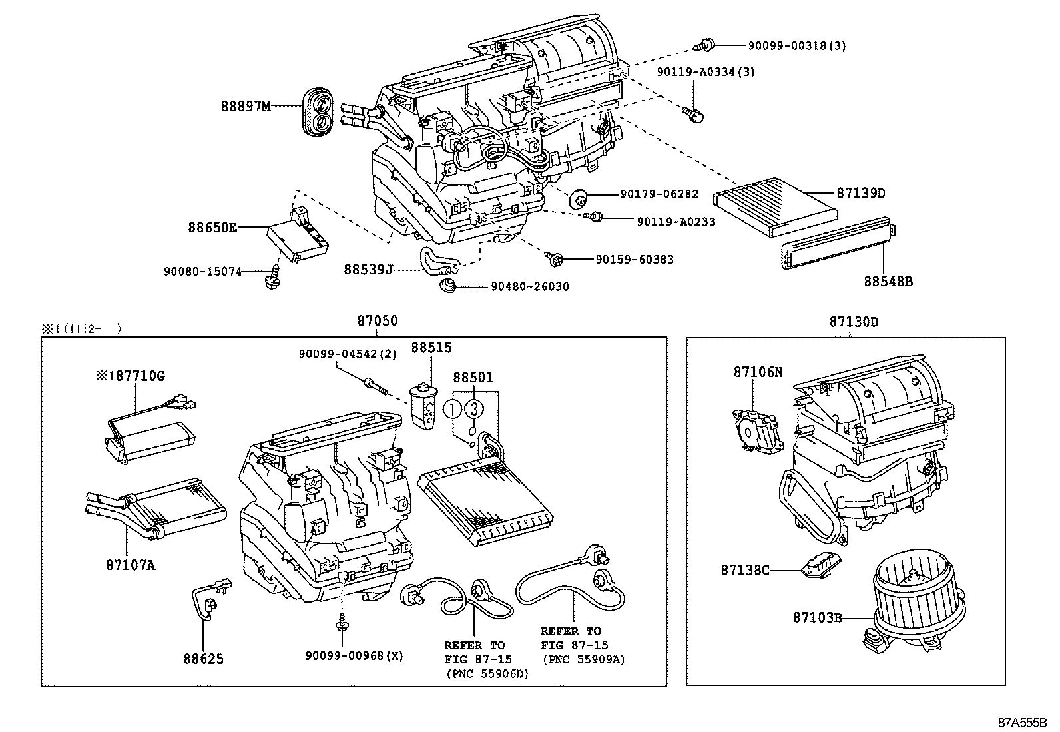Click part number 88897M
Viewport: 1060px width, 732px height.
pos(246,106)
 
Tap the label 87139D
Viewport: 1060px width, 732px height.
pos(861,193)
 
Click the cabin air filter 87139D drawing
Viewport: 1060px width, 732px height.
pos(776,206)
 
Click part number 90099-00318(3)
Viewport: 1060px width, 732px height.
pos(796,46)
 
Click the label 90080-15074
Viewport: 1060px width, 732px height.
pos(202,271)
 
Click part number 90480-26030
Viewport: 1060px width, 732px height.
pos(530,287)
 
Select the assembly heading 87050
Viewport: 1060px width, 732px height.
pos(377,321)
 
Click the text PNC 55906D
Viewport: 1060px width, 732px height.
pos(487,673)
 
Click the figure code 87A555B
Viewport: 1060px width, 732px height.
pos(1022,722)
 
